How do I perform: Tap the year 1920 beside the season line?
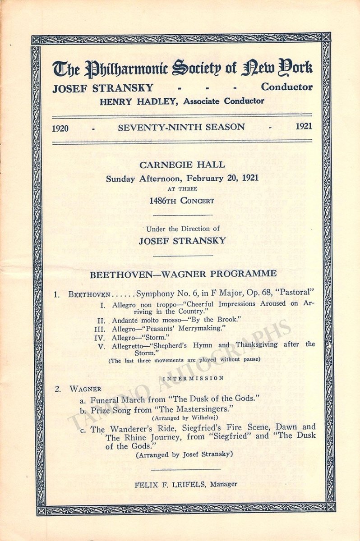(x=60, y=128)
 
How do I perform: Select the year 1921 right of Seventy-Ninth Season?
(x=304, y=127)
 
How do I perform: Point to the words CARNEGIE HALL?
(x=182, y=165)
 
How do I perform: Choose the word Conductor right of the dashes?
(x=286, y=87)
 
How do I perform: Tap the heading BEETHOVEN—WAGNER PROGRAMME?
(x=183, y=274)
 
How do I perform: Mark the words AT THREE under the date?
(x=182, y=189)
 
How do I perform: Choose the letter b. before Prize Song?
(x=83, y=410)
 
